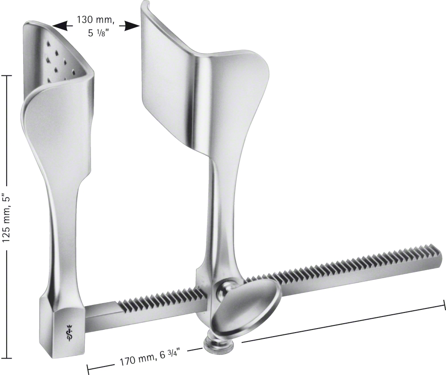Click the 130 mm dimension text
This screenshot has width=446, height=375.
(95, 20)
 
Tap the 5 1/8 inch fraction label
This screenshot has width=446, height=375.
(98, 33)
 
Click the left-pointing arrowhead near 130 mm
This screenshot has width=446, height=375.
(60, 25)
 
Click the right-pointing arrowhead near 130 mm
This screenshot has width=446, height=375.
(132, 26)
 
